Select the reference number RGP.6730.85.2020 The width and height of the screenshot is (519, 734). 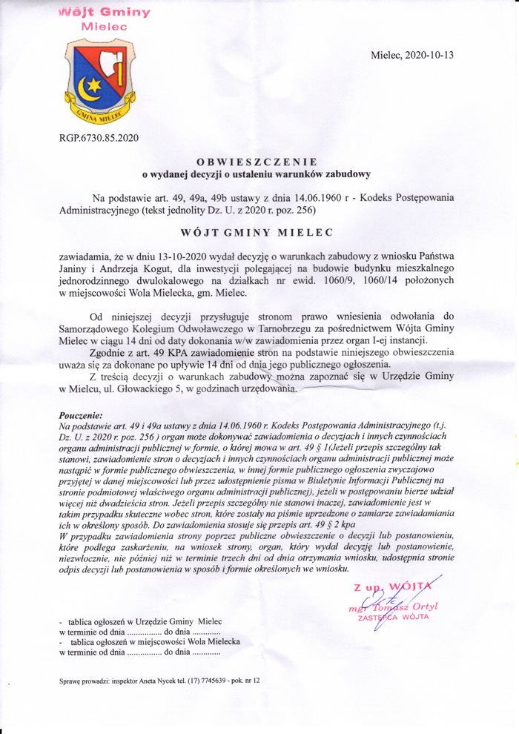coord(98,137)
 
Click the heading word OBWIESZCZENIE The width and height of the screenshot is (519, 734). coord(257,162)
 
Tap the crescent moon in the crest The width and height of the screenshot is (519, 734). coord(88,90)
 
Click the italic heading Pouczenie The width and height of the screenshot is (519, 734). coord(81,415)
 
